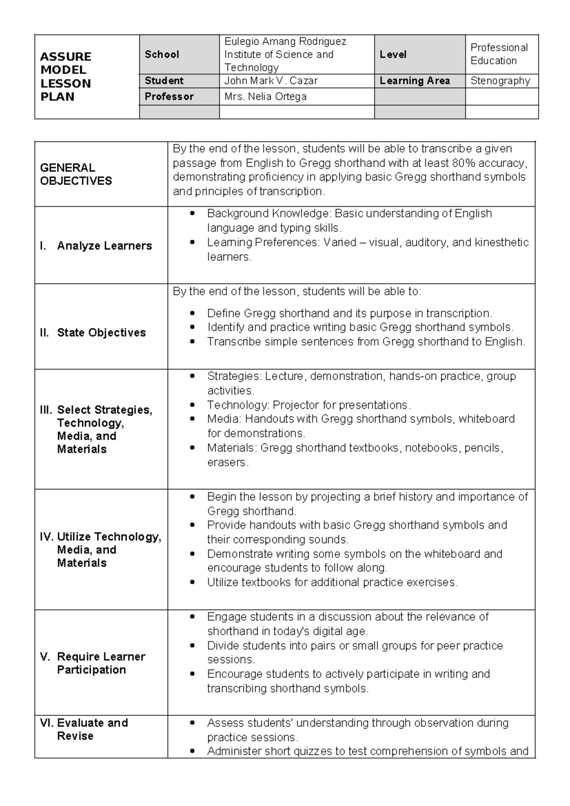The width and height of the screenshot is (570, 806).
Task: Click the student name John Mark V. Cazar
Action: coord(271,81)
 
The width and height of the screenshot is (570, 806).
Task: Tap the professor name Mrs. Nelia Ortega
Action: coord(265,96)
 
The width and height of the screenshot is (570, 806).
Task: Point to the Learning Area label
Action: coord(415,81)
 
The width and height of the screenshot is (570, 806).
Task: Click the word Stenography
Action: coord(500,81)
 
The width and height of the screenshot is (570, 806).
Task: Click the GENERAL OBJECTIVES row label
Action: coord(76,174)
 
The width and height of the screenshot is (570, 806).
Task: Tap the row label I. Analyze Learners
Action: coord(96,246)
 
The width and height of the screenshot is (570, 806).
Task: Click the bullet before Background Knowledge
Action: coord(192,214)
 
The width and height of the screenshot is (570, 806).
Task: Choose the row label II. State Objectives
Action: coord(93,333)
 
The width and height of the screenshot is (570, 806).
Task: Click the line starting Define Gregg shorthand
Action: coord(349,313)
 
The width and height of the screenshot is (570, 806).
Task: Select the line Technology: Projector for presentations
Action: coord(309,405)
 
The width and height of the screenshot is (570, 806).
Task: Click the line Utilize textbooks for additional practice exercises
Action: coord(332,582)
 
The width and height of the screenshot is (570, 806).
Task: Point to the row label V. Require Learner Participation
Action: coord(93,663)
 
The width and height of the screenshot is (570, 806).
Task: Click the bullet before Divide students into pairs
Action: coord(192,646)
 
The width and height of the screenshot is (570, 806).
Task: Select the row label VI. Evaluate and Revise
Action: coord(85,729)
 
